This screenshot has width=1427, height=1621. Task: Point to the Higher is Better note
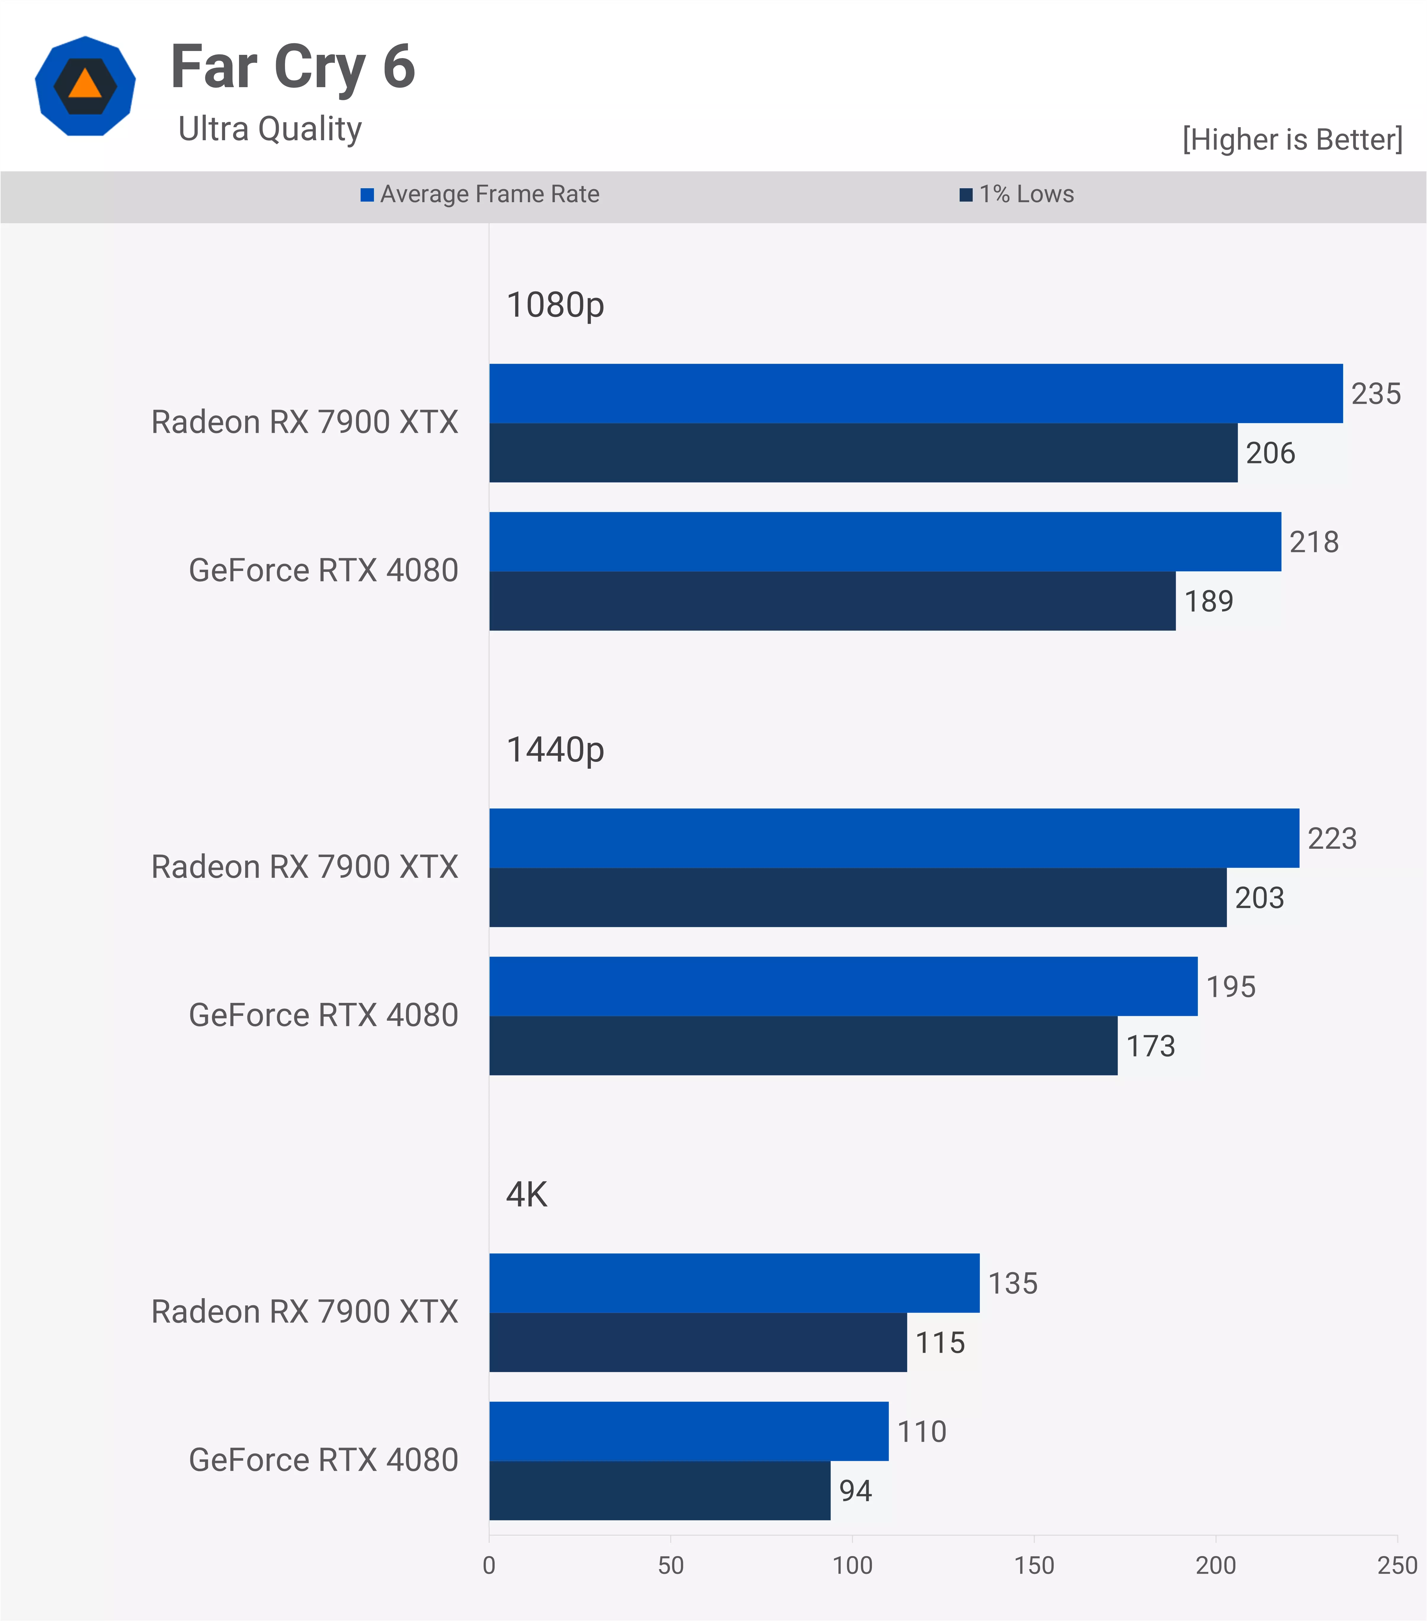tap(1292, 140)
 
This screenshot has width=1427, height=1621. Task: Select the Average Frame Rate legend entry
tap(481, 194)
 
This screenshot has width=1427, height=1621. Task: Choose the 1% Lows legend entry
tap(1018, 194)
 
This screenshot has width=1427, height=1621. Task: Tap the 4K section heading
tap(527, 1194)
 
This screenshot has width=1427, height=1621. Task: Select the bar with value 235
tap(915, 393)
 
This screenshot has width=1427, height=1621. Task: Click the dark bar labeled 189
tap(832, 601)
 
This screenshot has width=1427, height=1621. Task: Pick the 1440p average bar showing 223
tap(894, 838)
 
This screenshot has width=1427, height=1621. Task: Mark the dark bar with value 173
tap(803, 1046)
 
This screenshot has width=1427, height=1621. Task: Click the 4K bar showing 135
tap(734, 1283)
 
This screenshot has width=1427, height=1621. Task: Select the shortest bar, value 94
tap(659, 1491)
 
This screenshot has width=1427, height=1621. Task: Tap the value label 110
tap(922, 1432)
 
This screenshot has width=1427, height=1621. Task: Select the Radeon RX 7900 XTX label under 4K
tap(305, 1312)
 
